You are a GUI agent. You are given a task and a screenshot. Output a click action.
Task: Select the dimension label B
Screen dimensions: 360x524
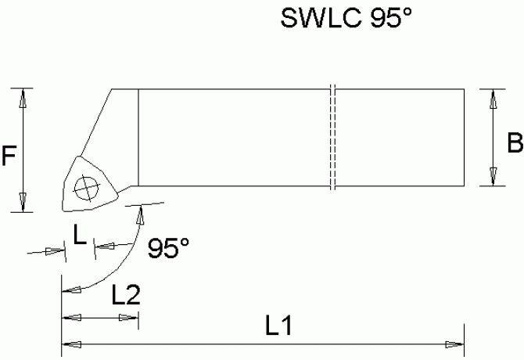point(514,143)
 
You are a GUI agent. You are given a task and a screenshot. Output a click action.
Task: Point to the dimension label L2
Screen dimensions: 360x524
point(125,295)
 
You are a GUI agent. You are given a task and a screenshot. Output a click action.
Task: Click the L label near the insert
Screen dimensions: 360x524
point(79,233)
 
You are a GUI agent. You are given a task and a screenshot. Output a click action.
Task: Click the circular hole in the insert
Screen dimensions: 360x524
point(84,187)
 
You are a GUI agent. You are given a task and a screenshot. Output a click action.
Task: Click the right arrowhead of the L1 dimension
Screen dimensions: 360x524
point(455,344)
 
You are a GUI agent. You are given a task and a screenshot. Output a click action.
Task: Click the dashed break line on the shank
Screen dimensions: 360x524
point(332,137)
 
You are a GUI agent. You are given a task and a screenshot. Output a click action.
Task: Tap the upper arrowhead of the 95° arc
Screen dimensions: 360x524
point(141,214)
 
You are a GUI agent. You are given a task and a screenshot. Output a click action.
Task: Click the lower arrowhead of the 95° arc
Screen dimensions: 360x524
point(70,290)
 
